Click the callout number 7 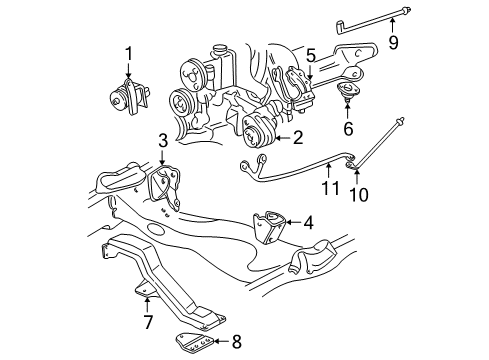coord(147,322)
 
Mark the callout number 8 coord(236,342)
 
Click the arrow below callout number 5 coord(311,72)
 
